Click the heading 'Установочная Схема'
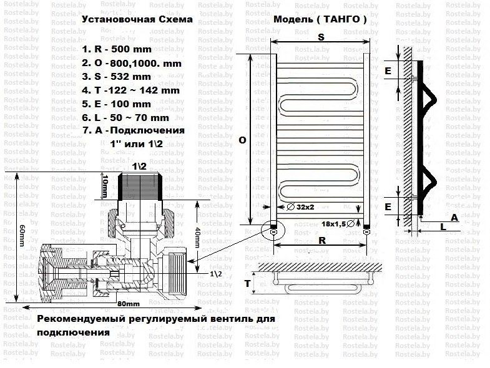[137, 19]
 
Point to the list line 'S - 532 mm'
[122, 76]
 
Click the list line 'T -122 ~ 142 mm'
[130, 90]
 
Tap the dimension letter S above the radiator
[320, 37]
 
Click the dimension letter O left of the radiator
[242, 141]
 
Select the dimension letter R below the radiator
[320, 239]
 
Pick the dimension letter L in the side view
[443, 228]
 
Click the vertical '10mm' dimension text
[105, 185]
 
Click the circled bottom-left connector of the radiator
[273, 231]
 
